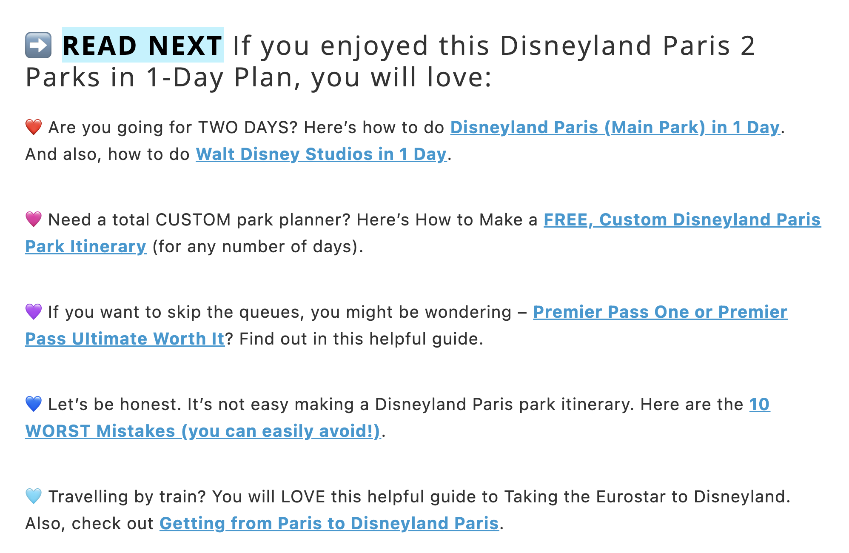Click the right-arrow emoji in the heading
tap(38, 45)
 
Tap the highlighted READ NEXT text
tap(142, 45)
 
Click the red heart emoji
tap(34, 127)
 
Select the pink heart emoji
tap(34, 219)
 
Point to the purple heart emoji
tap(34, 312)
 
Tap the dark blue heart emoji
tap(34, 404)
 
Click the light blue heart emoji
tap(34, 496)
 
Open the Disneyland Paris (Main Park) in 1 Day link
tap(615, 128)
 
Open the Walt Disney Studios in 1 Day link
tap(321, 154)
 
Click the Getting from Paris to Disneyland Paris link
tap(329, 524)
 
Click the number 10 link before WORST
tap(759, 405)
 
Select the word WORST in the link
tap(58, 431)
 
